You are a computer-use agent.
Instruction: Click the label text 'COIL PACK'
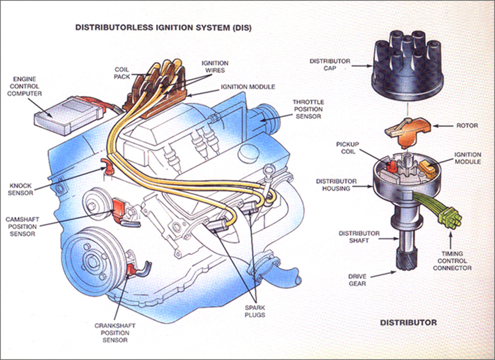click(x=122, y=73)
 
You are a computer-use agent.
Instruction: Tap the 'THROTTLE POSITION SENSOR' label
click(x=308, y=109)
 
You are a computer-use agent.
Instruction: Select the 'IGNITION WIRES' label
click(x=215, y=67)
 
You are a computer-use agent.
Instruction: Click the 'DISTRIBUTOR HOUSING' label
click(x=336, y=185)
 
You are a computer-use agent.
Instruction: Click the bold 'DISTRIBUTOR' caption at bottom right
click(x=408, y=323)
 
